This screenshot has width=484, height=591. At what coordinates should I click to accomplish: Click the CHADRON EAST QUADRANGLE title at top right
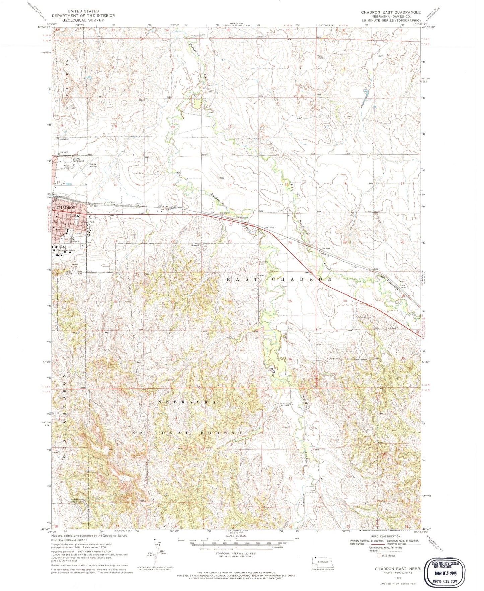(391, 12)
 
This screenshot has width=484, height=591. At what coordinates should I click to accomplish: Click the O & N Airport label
(93, 165)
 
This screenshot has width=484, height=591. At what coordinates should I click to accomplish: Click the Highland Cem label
(262, 262)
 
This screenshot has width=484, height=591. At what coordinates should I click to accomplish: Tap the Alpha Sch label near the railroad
(243, 218)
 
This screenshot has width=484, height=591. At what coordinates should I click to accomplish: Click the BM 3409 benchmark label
(272, 228)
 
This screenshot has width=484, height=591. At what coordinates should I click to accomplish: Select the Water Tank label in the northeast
(321, 57)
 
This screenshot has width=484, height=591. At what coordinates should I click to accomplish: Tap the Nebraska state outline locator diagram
(321, 561)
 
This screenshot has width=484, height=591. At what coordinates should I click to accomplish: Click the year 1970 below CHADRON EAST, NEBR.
(398, 578)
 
